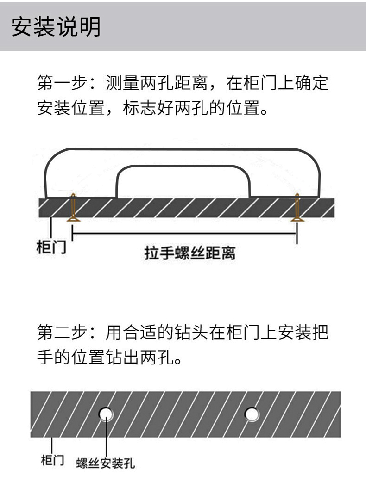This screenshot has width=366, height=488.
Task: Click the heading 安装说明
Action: [55, 26]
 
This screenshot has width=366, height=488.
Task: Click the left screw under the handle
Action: [72, 208]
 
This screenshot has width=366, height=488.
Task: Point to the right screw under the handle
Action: [297, 208]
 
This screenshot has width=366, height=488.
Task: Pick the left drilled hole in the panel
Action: [106, 413]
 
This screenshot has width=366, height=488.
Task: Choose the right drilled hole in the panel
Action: [252, 413]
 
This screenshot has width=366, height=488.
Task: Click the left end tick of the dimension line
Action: [73, 234]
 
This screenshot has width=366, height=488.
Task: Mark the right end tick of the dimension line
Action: [297, 234]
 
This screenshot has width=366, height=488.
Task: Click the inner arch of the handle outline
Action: [183, 167]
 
